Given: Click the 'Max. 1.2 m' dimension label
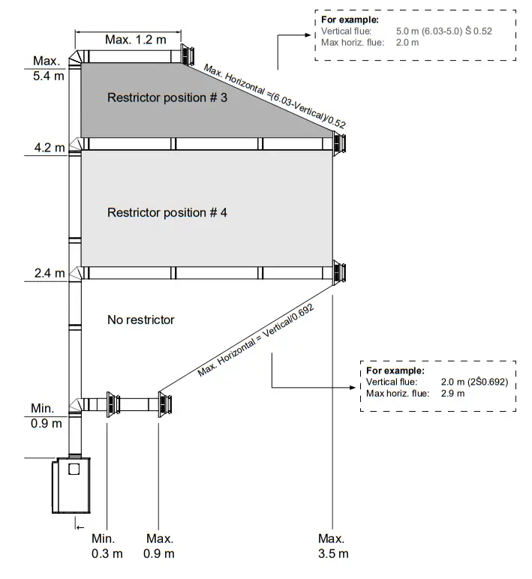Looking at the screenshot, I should (x=135, y=40).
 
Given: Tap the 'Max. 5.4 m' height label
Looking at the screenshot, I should (x=49, y=68).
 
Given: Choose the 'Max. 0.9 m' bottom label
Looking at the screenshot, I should (x=160, y=546).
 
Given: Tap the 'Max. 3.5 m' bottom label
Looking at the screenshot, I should (x=331, y=546).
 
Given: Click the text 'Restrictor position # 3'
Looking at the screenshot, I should (x=167, y=97).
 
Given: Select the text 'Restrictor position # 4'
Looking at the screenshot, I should (x=167, y=212).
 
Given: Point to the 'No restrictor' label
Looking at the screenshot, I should (x=140, y=319).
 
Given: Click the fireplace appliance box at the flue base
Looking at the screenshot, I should (x=69, y=485).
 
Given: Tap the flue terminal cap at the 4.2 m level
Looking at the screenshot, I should (x=340, y=142).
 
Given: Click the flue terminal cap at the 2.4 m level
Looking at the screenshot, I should (x=340, y=271).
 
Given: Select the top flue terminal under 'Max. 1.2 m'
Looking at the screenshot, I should (x=185, y=56).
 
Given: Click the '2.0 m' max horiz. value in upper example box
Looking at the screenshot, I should (x=407, y=43).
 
